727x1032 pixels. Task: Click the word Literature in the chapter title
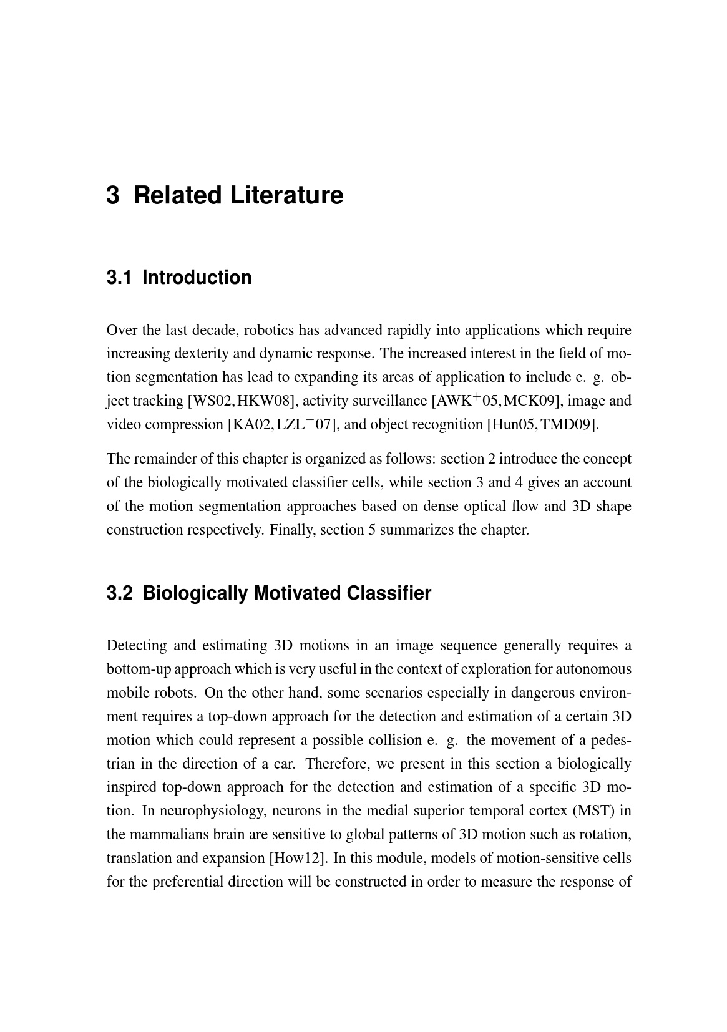click(286, 195)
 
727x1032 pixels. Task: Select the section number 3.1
click(119, 278)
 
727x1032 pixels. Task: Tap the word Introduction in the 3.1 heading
click(197, 278)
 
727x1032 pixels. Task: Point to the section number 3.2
click(120, 593)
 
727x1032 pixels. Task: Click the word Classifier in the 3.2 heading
click(389, 593)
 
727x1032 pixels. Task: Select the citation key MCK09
click(530, 401)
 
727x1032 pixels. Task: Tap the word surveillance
click(392, 401)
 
